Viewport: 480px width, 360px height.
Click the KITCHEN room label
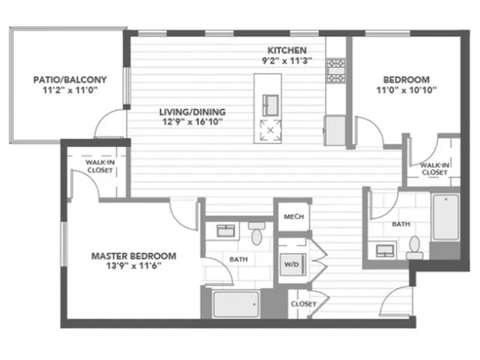pos(286,50)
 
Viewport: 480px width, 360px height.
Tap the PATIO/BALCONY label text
pos(70,80)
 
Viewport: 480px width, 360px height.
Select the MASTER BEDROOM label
pos(133,256)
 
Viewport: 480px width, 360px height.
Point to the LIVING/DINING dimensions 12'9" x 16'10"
pos(192,121)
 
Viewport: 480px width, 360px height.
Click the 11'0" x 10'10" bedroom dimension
pos(406,90)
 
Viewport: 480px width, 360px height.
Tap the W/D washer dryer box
pos(293,264)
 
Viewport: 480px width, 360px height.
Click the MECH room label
pos(294,217)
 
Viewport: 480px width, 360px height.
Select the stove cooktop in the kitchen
pos(336,70)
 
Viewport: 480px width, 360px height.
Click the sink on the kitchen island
pos(271,105)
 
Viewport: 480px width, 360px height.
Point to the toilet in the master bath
pos(256,233)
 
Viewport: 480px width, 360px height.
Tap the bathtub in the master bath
pos(235,304)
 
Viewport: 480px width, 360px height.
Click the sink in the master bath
pos(226,231)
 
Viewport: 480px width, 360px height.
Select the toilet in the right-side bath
pos(415,248)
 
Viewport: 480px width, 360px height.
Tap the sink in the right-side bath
pos(385,250)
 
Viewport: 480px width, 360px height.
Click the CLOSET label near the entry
pos(303,304)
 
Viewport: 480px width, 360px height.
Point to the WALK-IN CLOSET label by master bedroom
pos(100,166)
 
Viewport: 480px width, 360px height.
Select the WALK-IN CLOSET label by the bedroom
pos(435,169)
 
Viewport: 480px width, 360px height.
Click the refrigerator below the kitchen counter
pos(334,130)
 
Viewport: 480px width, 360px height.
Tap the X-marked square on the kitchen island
pos(270,130)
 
